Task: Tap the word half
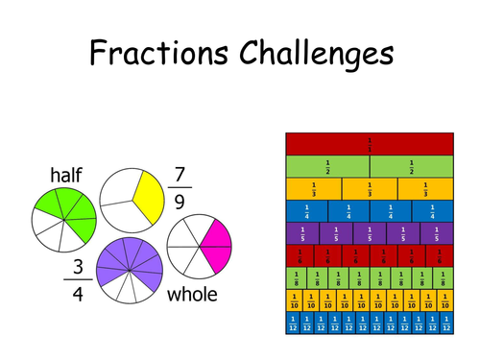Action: [66, 175]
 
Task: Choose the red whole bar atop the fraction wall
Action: [370, 144]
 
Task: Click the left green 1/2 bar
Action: [327, 165]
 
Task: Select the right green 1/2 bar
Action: [411, 165]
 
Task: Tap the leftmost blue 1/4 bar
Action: [306, 210]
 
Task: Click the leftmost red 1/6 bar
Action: [300, 255]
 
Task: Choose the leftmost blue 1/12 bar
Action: [292, 323]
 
